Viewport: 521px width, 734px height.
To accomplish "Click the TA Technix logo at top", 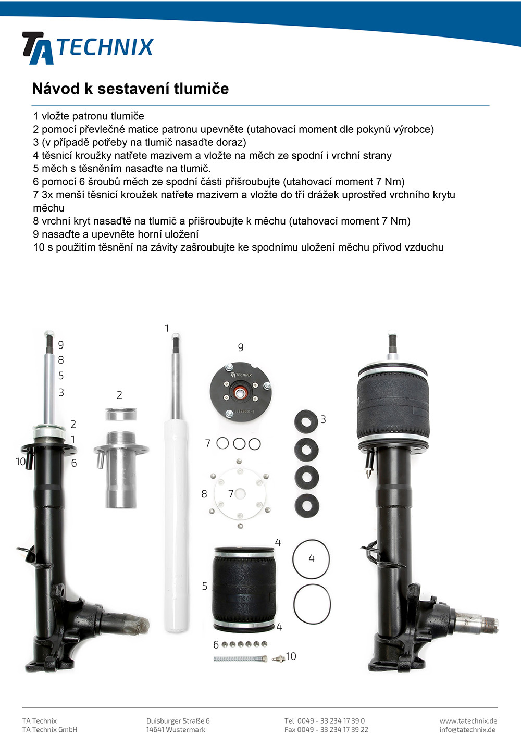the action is click(88, 48).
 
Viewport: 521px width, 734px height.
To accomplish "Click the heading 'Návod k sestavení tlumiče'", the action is click(130, 89).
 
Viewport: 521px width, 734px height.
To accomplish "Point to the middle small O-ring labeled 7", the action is click(239, 444).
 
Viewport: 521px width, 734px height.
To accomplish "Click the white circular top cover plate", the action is click(240, 493).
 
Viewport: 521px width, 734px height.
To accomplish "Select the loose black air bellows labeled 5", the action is click(244, 589).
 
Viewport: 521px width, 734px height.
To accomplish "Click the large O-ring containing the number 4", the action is click(311, 559).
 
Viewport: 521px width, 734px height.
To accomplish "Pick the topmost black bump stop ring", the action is click(306, 421).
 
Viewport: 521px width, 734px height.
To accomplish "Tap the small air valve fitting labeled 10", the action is click(278, 658).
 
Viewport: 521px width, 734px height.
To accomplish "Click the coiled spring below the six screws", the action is click(240, 658).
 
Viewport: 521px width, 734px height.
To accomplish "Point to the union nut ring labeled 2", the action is click(121, 414).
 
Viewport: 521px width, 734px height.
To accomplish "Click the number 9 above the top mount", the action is click(241, 347).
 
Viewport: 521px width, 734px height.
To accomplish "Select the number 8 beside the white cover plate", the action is click(204, 494).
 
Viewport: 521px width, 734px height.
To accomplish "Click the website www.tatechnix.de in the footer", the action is click(468, 721).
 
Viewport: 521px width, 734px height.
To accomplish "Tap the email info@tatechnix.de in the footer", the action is click(467, 730).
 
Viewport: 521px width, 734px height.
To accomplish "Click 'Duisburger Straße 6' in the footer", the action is click(178, 721).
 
